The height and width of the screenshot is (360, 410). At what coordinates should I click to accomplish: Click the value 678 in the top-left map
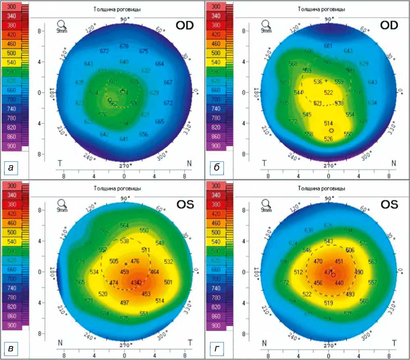tap(124, 47)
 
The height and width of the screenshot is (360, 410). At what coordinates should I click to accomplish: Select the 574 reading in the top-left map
tap(124, 93)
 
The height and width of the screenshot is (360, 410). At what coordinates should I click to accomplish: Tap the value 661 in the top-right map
tap(328, 46)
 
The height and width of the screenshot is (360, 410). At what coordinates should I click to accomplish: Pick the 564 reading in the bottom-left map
tap(124, 226)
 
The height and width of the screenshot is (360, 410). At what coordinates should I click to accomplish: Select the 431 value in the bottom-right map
tap(329, 272)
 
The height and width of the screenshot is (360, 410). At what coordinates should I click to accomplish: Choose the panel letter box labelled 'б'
tap(217, 168)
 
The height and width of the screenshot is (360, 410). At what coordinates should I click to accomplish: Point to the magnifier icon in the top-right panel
tap(266, 24)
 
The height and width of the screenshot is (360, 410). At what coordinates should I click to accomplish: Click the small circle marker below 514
tap(331, 131)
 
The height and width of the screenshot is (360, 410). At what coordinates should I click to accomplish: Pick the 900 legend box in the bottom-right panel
tap(215, 325)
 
